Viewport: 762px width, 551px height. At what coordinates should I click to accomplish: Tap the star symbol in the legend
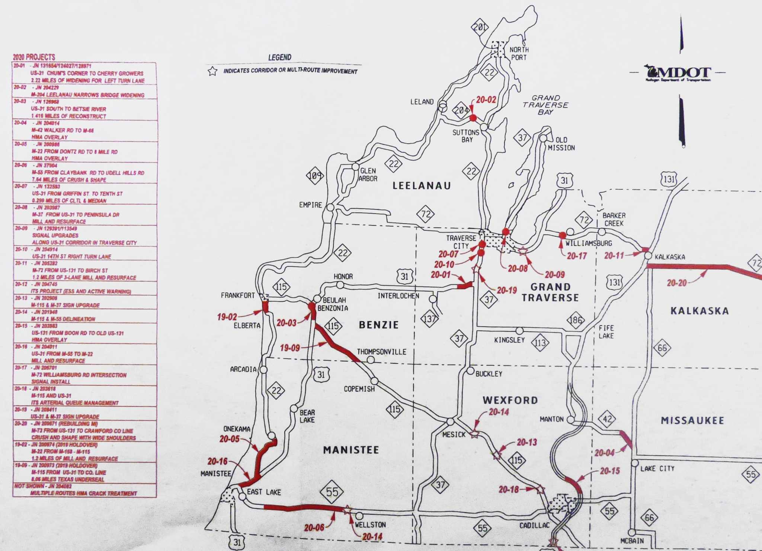pyautogui.click(x=212, y=71)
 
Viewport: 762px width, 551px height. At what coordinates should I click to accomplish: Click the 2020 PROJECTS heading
pyautogui.click(x=34, y=57)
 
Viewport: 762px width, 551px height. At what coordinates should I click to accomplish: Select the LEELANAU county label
pyautogui.click(x=422, y=186)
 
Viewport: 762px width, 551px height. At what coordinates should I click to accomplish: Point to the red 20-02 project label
pyautogui.click(x=486, y=100)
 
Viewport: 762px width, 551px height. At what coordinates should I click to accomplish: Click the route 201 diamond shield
pyautogui.click(x=480, y=27)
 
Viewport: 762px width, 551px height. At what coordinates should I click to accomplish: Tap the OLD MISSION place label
pyautogui.click(x=561, y=144)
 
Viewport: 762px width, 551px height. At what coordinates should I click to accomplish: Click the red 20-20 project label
pyautogui.click(x=676, y=283)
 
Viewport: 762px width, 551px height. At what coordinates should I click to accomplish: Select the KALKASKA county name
pyautogui.click(x=699, y=311)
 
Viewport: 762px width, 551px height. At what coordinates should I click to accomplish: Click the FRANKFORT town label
pyautogui.click(x=238, y=295)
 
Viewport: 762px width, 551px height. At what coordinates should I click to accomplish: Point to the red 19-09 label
pyautogui.click(x=290, y=348)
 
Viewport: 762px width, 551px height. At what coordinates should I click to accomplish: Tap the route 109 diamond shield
pyautogui.click(x=315, y=176)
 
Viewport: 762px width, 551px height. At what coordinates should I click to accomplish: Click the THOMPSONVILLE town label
pyautogui.click(x=381, y=352)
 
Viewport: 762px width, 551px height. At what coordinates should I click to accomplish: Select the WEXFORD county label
pyautogui.click(x=510, y=400)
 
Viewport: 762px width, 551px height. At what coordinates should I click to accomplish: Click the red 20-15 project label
pyautogui.click(x=609, y=471)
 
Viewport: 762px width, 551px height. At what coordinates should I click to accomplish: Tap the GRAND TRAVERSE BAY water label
pyautogui.click(x=545, y=105)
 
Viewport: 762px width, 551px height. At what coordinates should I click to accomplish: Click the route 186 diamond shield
pyautogui.click(x=576, y=320)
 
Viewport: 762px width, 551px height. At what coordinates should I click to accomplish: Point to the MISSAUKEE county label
pyautogui.click(x=692, y=420)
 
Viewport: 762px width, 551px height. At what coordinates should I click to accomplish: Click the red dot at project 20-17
pyautogui.click(x=563, y=235)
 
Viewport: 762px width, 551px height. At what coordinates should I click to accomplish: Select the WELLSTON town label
pyautogui.click(x=370, y=525)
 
